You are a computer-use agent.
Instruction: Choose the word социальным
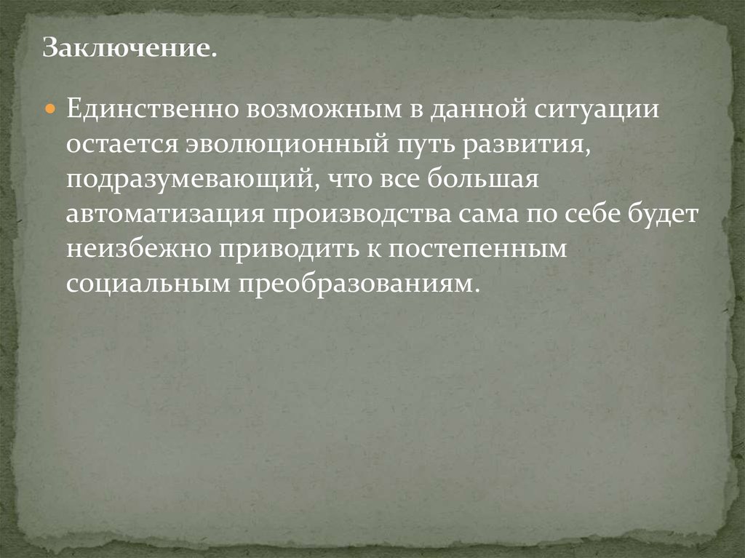[x=144, y=282]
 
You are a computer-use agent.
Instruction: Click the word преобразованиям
[x=357, y=282]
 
